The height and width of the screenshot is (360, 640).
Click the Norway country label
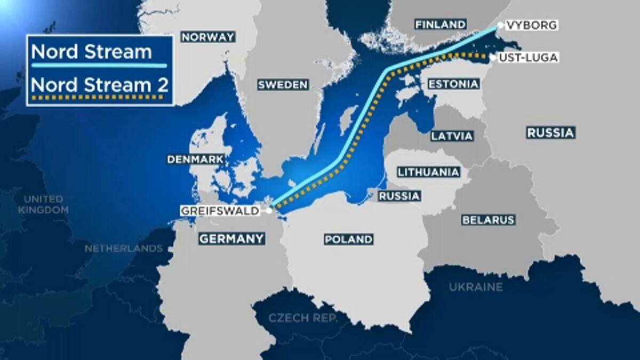[x=208, y=37]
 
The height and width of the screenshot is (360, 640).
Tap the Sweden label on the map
[x=283, y=85]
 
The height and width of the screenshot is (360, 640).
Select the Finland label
[x=441, y=25]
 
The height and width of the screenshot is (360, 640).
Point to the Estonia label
[x=453, y=84]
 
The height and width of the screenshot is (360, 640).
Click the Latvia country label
[x=452, y=136]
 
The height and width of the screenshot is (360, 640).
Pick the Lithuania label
[x=428, y=172]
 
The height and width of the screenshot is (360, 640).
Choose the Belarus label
[x=488, y=220]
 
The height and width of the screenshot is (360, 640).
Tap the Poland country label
[x=349, y=239]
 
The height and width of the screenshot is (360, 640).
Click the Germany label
[x=232, y=238]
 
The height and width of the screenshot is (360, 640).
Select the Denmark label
[x=195, y=159]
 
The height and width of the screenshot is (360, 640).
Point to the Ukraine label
[x=476, y=287]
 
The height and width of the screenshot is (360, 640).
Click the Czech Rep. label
[x=303, y=318]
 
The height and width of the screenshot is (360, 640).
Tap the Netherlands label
[x=124, y=249]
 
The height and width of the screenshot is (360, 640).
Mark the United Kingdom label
[x=43, y=205]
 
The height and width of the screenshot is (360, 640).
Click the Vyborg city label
[x=532, y=25]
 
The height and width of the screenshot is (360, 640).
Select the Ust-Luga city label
[x=527, y=58]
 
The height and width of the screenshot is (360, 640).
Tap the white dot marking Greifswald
[x=270, y=211]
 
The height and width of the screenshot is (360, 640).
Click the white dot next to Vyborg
[x=500, y=25]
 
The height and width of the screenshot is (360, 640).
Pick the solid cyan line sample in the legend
[x=99, y=66]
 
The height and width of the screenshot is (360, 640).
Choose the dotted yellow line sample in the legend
[x=99, y=98]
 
